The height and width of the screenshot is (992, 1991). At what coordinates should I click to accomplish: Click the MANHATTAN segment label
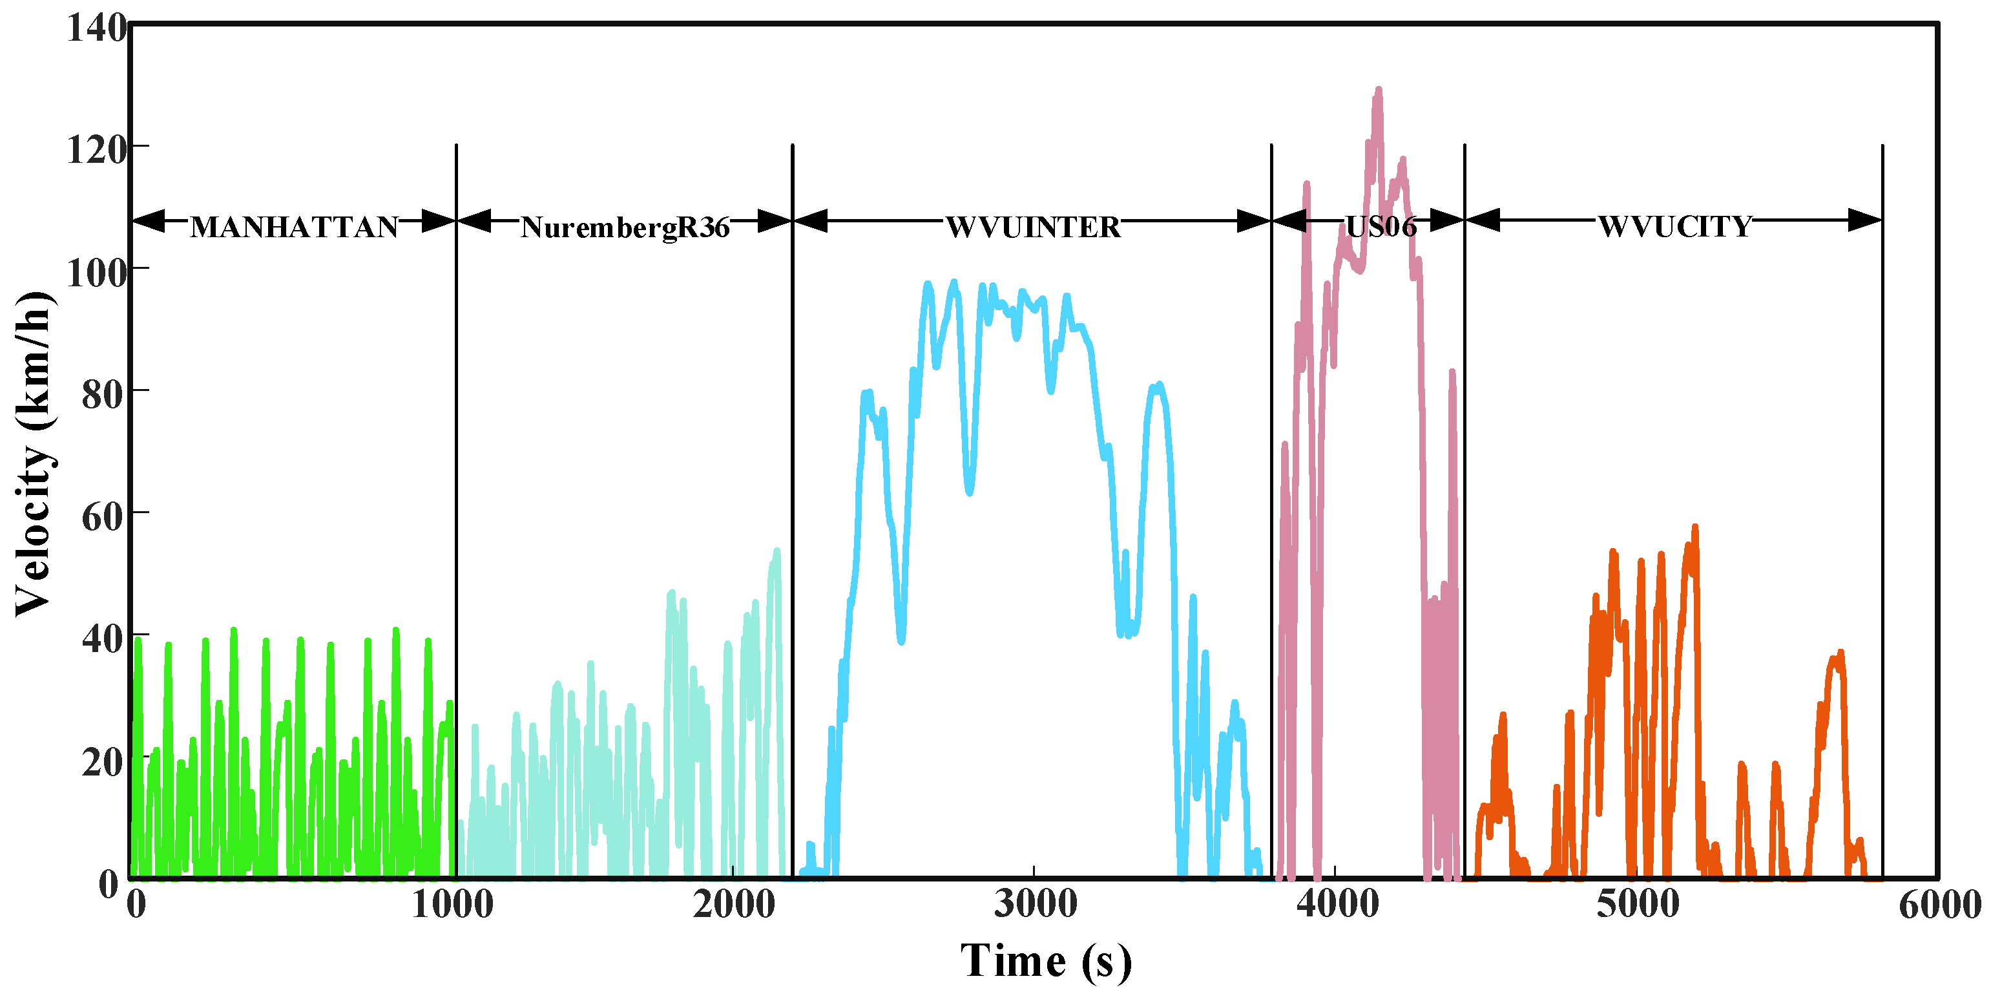tap(294, 227)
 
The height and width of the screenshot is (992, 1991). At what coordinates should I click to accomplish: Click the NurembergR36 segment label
tap(625, 227)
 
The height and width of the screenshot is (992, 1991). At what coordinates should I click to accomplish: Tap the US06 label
tap(1381, 227)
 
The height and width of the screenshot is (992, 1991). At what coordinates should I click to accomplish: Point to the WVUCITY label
tap(1674, 227)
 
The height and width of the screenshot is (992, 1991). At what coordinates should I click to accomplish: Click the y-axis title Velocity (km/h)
tap(32, 454)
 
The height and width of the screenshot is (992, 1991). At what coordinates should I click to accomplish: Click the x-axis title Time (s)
tap(1046, 962)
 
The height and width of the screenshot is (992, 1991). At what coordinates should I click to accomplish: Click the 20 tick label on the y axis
tap(103, 761)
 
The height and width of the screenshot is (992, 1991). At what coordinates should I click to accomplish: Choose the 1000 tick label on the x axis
tap(452, 905)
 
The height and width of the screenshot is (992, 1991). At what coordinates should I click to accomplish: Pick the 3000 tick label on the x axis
tap(1035, 905)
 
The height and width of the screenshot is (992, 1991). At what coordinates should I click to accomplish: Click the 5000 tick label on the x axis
tap(1638, 905)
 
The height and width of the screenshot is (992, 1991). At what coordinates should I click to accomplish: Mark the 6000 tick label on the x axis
tap(1939, 905)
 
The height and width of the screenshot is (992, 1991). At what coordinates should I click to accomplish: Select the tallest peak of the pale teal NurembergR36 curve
tap(777, 552)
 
